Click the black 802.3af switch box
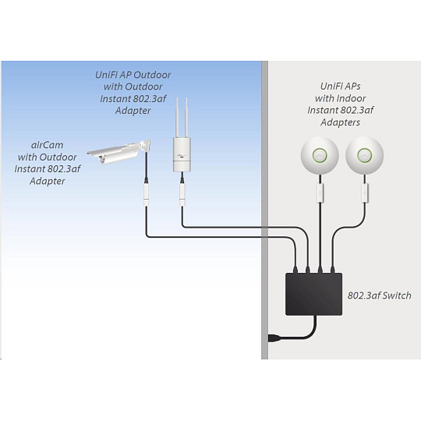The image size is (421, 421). [x=313, y=294]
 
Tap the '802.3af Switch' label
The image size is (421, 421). [x=379, y=295]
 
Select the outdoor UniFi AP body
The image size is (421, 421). [x=182, y=154]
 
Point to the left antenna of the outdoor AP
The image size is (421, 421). [x=177, y=118]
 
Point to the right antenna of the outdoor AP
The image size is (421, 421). [x=186, y=118]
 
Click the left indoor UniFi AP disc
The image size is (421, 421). [x=320, y=155]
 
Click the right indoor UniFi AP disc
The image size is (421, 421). [x=364, y=155]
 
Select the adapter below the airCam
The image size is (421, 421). [x=147, y=194]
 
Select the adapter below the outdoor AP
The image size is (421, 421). [x=182, y=194]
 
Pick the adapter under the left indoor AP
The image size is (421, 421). [x=320, y=193]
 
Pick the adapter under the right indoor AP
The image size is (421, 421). [x=365, y=193]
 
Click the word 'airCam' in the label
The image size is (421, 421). [x=48, y=145]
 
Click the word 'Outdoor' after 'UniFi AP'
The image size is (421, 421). [x=152, y=75]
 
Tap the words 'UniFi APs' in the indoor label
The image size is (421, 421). [x=340, y=87]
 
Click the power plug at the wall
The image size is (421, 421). [x=274, y=338]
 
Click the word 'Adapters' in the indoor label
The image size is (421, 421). [x=340, y=122]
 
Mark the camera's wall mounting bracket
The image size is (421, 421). [x=145, y=146]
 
